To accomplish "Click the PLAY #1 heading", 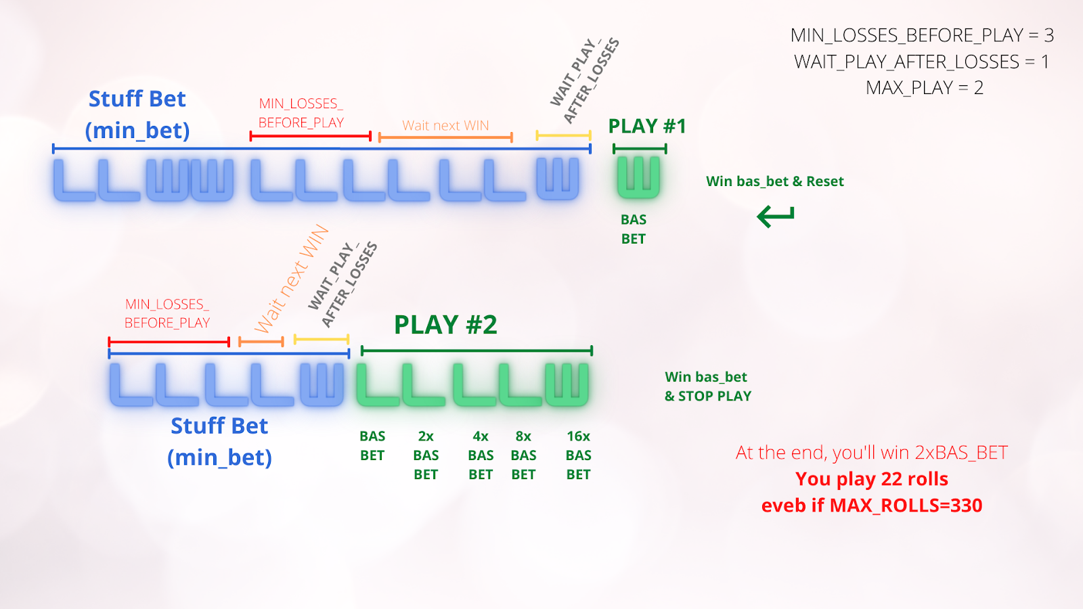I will tap(647, 127).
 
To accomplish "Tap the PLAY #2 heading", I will tap(445, 325).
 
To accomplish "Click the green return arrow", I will tap(776, 217).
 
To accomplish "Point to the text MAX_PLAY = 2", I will tap(924, 88).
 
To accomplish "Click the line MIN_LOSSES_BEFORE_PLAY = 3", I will tap(922, 35).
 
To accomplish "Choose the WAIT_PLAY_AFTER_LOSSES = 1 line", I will tap(922, 62).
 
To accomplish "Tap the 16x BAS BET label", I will tap(578, 455).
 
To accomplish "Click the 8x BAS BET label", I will tap(523, 455).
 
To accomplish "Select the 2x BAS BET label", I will tap(426, 455).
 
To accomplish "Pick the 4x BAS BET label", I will tap(481, 455).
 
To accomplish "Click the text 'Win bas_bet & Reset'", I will tap(774, 181).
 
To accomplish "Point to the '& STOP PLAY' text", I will tap(708, 397).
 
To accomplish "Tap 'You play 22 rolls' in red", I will tap(872, 479).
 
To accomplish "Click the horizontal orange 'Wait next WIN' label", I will tap(445, 125).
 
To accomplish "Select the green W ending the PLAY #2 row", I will tap(567, 384).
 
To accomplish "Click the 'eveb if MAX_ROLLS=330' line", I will tap(872, 505).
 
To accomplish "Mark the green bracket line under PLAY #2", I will tap(477, 351).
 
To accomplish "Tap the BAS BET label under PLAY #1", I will tap(634, 229).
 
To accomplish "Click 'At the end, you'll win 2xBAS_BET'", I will tap(872, 452).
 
